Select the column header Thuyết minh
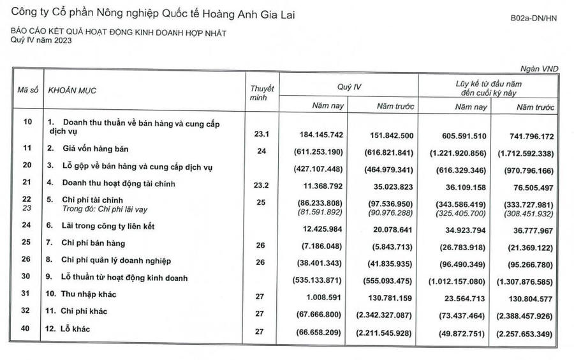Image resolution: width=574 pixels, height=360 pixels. pyautogui.click(x=261, y=93)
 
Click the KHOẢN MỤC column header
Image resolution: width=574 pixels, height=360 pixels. pyautogui.click(x=72, y=91)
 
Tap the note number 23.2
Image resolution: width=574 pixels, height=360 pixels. pyautogui.click(x=262, y=184)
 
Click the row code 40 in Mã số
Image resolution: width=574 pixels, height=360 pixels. pyautogui.click(x=27, y=328)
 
